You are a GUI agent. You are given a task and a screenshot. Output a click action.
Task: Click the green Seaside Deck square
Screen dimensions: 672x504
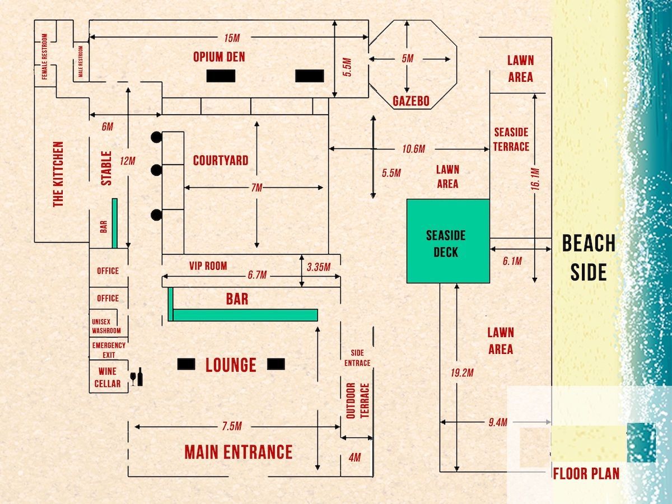tap(448, 241)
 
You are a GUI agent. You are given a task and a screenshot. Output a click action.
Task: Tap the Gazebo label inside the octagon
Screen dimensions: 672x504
tap(411, 101)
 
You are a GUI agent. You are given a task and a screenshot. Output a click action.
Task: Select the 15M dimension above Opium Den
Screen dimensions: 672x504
tap(232, 38)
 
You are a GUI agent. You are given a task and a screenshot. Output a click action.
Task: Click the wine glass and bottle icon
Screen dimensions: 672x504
tap(137, 377)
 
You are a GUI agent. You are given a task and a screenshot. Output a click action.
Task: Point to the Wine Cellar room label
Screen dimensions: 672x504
tap(108, 377)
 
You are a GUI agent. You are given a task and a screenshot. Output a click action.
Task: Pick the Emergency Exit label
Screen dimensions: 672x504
tap(109, 350)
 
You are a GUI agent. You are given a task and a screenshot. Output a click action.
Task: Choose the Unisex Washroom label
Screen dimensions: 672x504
tap(106, 326)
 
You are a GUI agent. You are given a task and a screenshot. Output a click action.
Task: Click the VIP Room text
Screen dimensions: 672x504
tap(208, 266)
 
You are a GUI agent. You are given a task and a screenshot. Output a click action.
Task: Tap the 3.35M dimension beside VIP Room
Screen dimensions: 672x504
tap(319, 267)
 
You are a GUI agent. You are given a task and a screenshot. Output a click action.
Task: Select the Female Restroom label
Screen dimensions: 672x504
tap(45, 57)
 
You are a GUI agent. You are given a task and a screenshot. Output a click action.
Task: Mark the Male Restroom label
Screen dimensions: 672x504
tap(81, 62)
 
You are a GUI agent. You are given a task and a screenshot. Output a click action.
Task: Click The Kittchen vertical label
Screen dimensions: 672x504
tap(58, 174)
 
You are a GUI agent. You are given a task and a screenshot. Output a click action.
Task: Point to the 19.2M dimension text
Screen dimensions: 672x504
tap(462, 373)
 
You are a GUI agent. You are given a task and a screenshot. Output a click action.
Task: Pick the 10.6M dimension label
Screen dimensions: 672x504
tap(414, 149)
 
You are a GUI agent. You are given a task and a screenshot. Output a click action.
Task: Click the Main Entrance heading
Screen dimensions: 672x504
tap(239, 452)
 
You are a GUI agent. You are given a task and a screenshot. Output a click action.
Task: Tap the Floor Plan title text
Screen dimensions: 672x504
tap(586, 474)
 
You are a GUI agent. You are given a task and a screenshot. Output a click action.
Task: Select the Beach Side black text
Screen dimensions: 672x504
tap(589, 258)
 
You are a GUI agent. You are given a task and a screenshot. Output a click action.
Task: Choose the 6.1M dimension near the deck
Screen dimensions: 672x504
tap(512, 261)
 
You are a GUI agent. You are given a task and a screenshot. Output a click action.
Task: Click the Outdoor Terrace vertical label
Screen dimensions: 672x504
tap(358, 400)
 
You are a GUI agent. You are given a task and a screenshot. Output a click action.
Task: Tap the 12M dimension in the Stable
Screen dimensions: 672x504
tap(127, 161)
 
